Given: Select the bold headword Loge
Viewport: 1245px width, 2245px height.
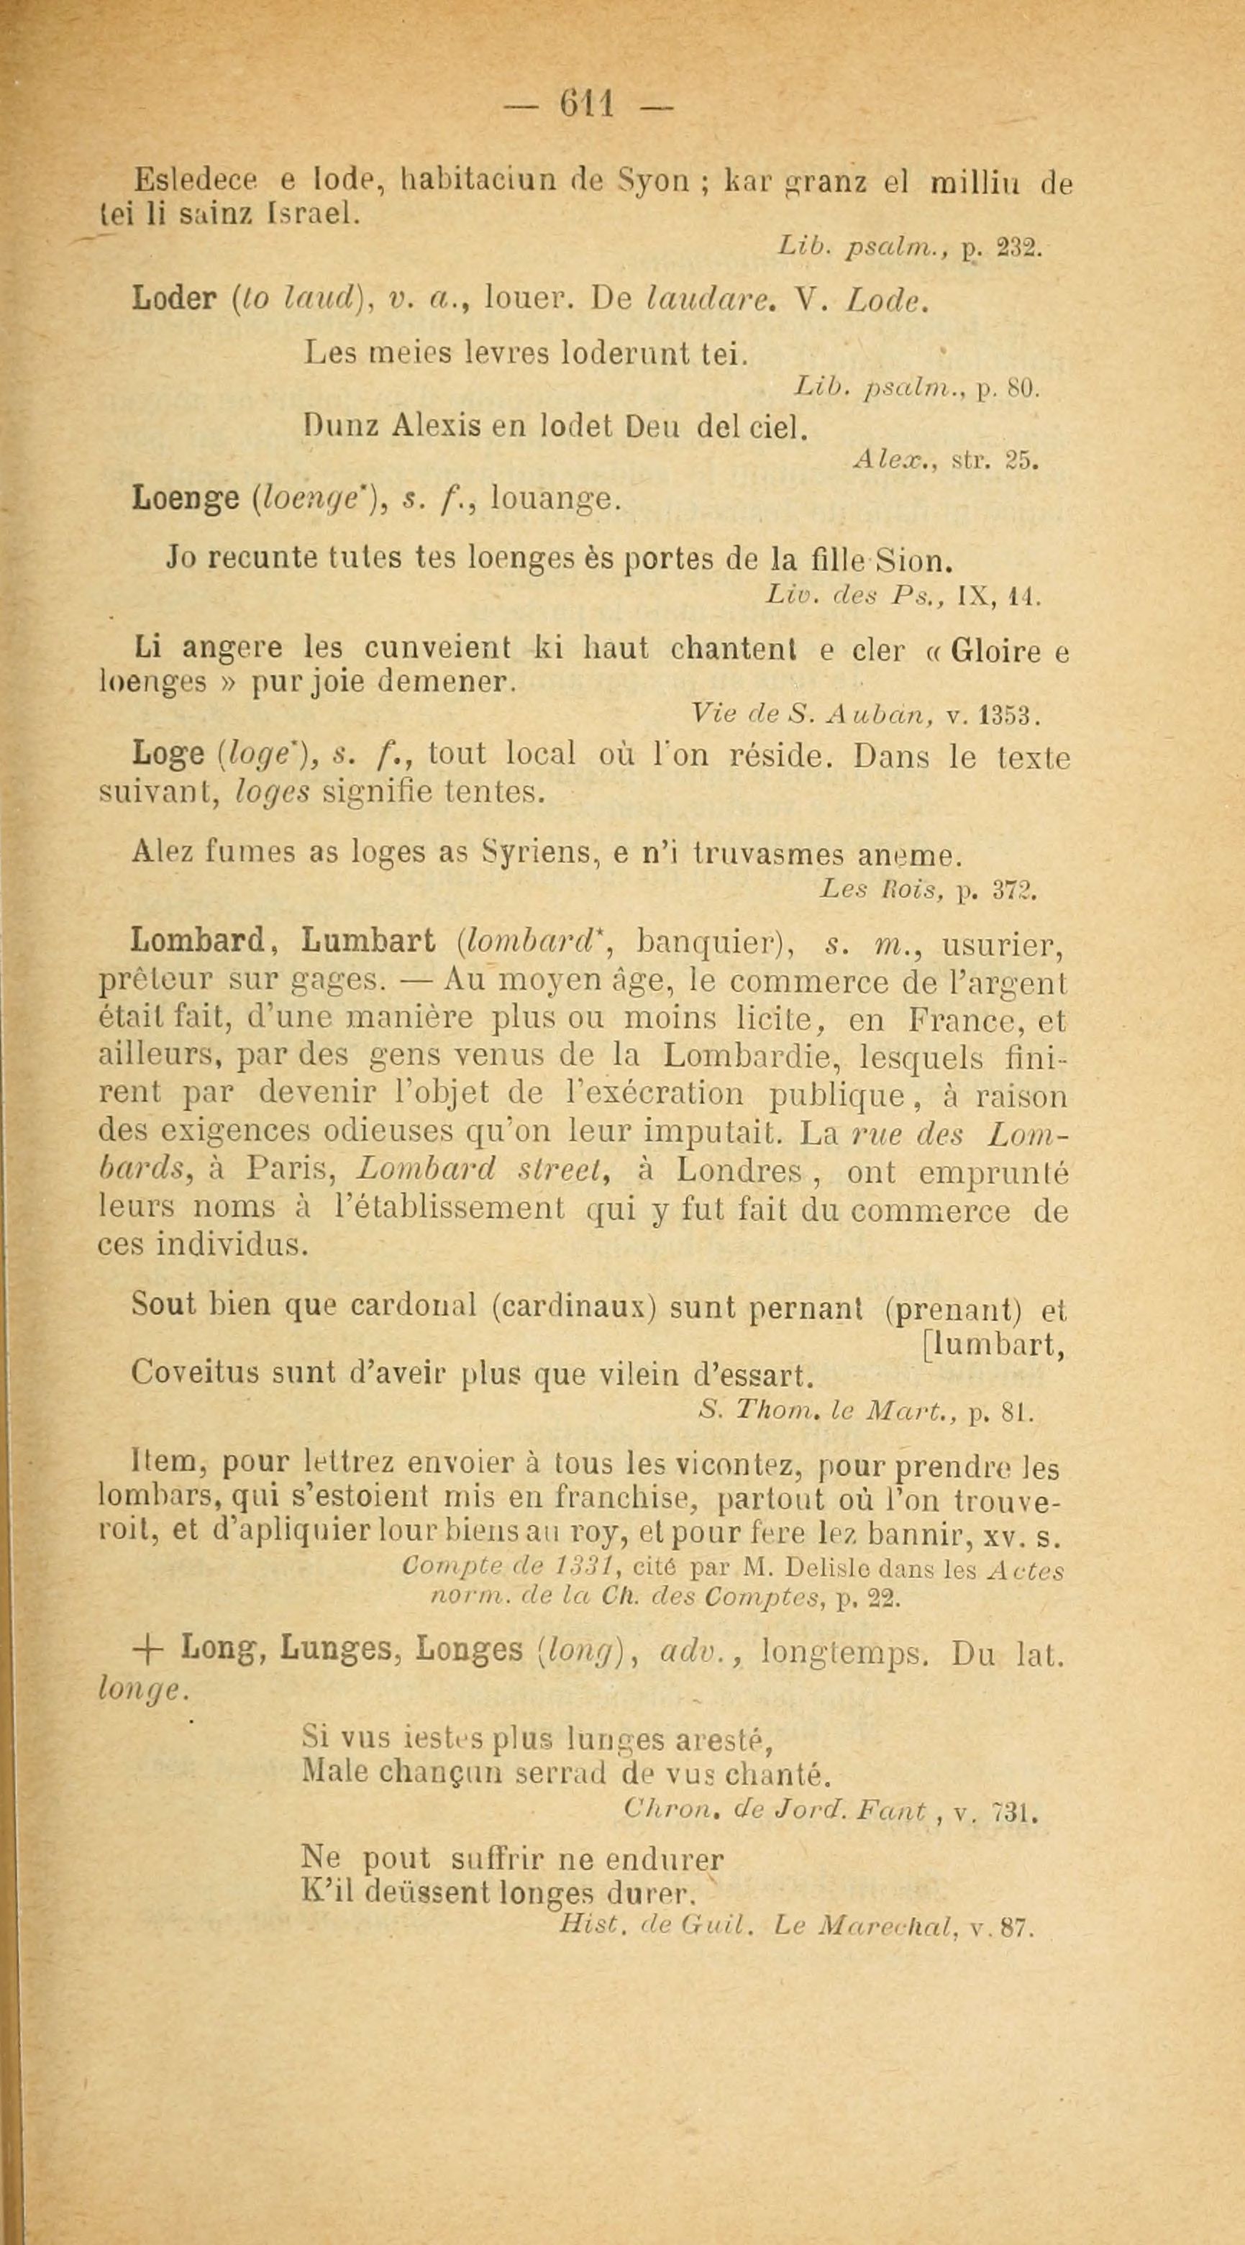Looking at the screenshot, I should point(168,753).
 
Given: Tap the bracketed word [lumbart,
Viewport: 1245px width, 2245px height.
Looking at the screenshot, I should point(994,1346).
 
